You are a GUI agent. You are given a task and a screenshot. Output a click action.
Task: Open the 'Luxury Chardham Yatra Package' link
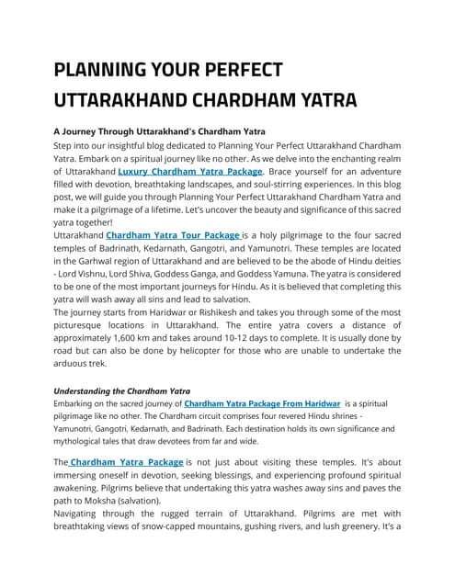click(191, 171)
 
